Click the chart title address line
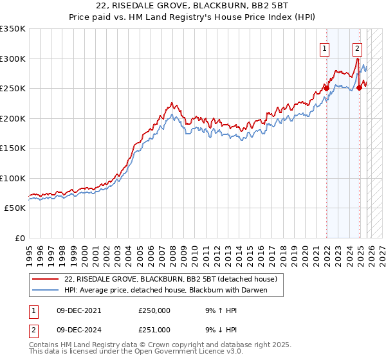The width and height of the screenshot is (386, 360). click(193, 6)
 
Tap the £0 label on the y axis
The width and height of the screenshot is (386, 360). click(19, 239)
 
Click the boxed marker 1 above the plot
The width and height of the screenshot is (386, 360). click(326, 48)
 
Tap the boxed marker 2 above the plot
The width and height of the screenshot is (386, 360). click(358, 48)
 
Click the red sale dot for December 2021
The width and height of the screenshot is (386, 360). click(326, 88)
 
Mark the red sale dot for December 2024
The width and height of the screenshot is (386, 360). click(359, 87)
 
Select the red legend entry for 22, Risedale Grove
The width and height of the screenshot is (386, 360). click(170, 279)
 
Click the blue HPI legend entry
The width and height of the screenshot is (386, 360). click(165, 290)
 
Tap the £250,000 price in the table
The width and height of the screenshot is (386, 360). click(154, 310)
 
